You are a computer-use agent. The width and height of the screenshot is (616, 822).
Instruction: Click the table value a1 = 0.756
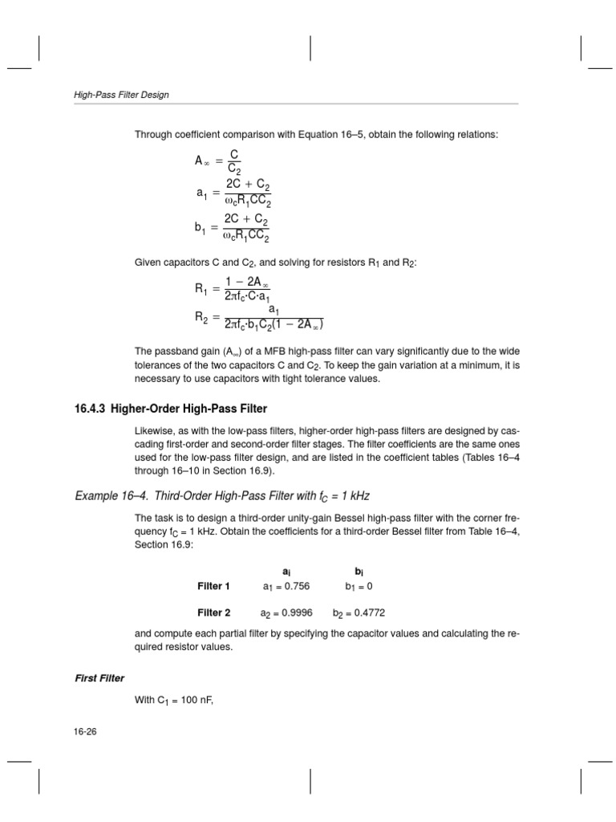[x=286, y=586]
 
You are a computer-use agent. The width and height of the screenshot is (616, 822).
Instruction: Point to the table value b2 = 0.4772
[x=359, y=612]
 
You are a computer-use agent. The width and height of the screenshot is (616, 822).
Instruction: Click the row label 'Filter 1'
[x=213, y=586]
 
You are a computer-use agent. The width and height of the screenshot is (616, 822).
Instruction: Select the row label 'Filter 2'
[x=213, y=612]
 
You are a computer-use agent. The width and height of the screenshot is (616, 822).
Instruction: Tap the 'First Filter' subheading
[x=95, y=678]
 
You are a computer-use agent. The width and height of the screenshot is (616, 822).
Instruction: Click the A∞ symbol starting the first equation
[x=201, y=161]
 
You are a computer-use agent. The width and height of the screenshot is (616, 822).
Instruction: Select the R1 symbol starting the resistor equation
[x=201, y=288]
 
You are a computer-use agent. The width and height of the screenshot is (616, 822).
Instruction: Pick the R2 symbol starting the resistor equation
[x=201, y=317]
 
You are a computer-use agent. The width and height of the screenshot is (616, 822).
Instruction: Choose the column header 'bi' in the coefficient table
[x=359, y=570]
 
